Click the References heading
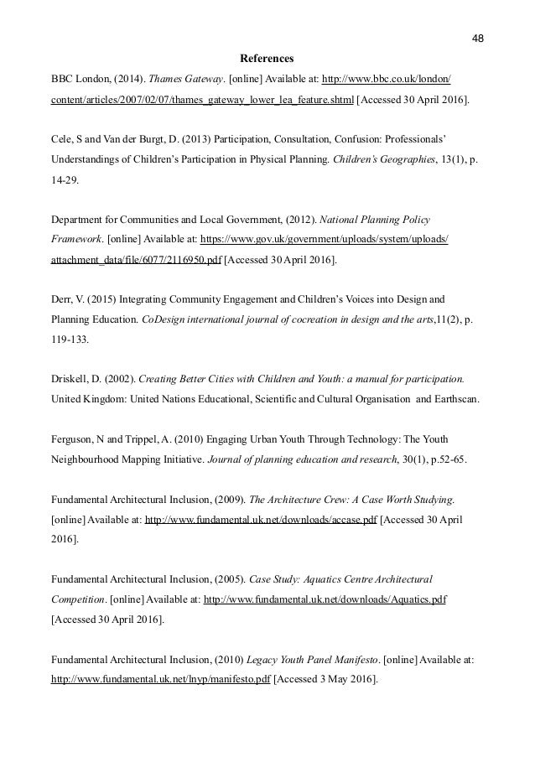pyautogui.click(x=267, y=60)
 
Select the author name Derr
pyautogui.click(x=61, y=298)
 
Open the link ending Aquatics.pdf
pyautogui.click(x=325, y=599)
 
